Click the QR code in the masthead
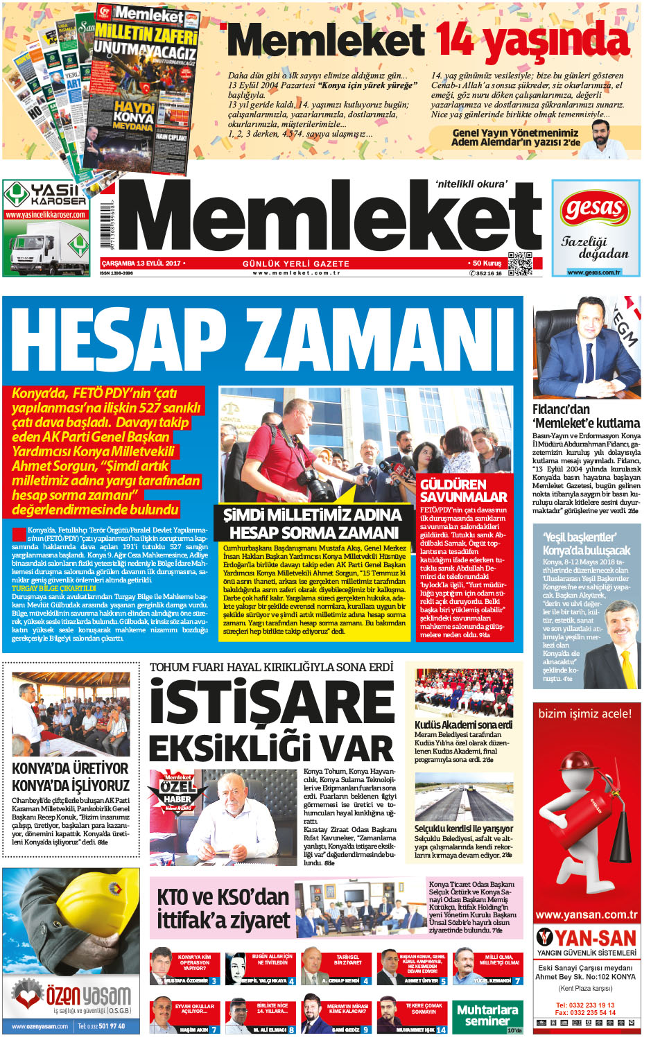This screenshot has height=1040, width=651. tap(520, 263)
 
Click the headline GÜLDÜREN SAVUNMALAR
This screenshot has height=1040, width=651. tap(463, 490)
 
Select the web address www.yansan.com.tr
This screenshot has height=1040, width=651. tap(586, 915)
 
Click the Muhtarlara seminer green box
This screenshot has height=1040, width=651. tap(487, 1015)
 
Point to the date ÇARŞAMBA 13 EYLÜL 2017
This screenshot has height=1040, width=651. tap(141, 263)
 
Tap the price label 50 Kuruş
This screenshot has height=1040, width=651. tap(486, 263)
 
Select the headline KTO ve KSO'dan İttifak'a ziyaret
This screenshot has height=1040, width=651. tap(223, 908)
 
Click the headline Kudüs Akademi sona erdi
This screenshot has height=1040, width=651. tap(463, 725)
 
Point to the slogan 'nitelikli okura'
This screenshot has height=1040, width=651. tap(471, 184)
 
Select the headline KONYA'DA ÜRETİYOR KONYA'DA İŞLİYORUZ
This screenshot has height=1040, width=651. tap(71, 777)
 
